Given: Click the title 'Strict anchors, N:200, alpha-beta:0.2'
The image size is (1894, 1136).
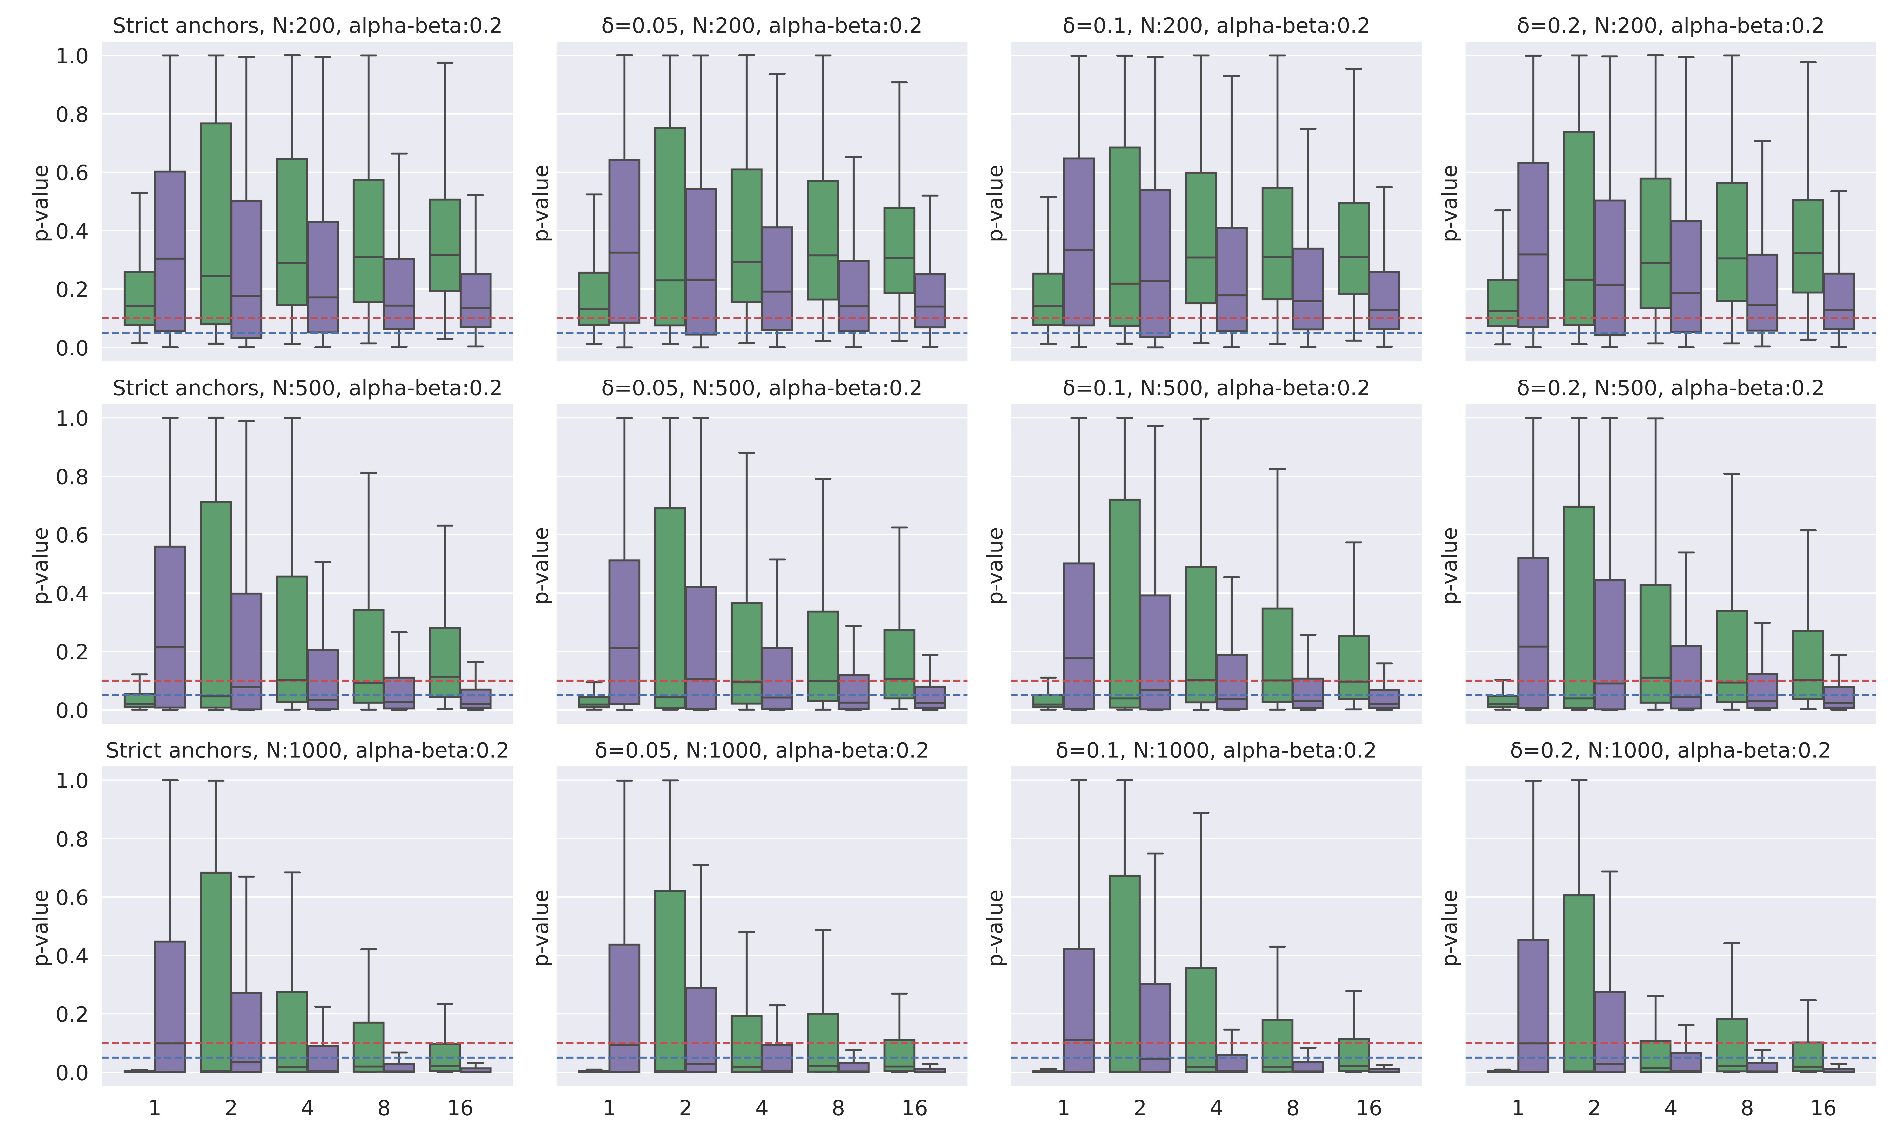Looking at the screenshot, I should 307,26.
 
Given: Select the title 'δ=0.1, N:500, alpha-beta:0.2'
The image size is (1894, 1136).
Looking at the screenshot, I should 1216,388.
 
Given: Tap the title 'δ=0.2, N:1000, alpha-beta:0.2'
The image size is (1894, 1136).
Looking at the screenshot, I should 1671,750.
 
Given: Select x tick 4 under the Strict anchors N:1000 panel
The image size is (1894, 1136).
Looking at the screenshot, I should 307,1108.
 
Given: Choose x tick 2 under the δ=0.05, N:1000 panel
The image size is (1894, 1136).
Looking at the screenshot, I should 685,1108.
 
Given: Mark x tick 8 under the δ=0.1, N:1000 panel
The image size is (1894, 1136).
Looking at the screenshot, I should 1292,1108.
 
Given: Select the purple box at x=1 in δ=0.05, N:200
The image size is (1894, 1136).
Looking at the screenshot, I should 624,241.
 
